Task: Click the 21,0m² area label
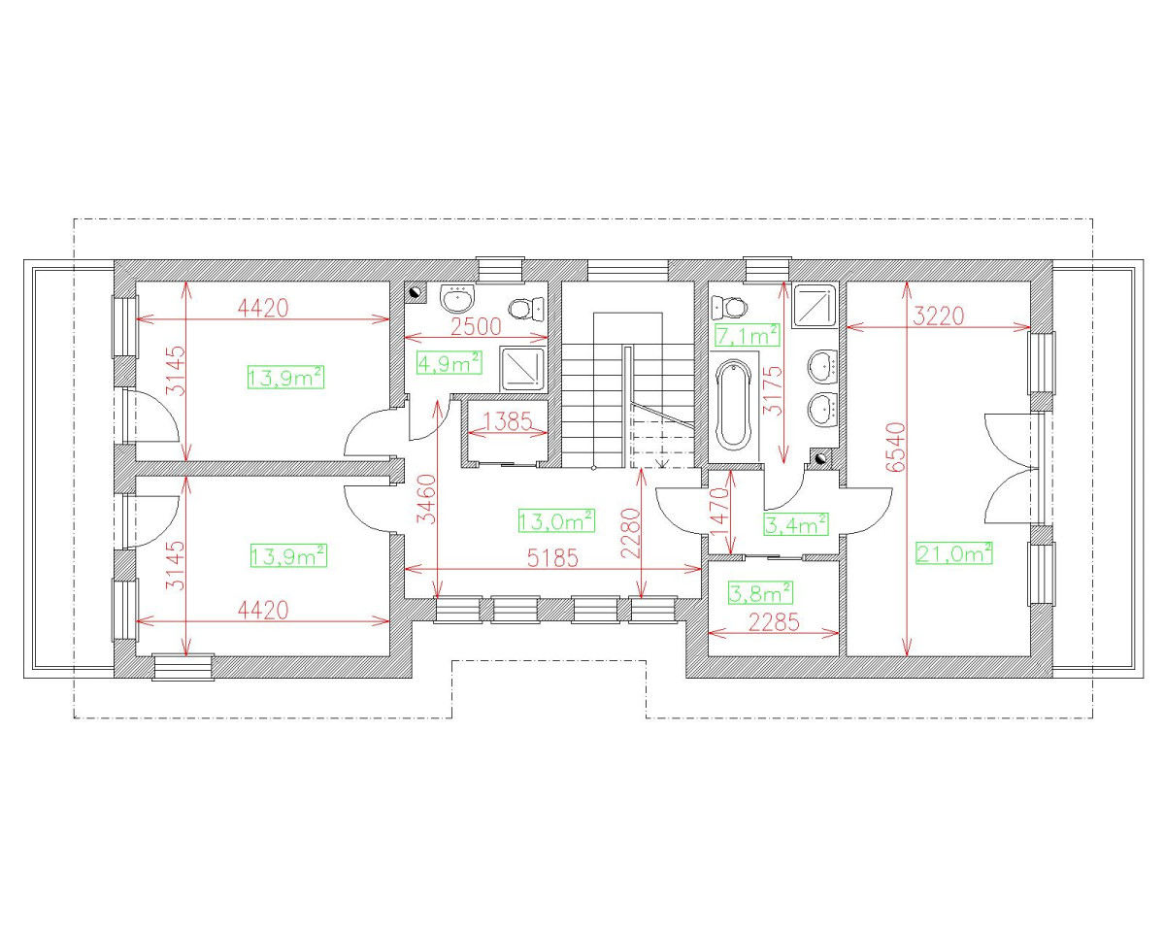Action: tap(954, 554)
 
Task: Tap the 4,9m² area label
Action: tap(449, 363)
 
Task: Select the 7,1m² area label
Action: tap(748, 335)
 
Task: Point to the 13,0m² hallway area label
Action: tap(556, 521)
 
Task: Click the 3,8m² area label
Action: tap(760, 593)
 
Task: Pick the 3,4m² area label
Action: tap(796, 523)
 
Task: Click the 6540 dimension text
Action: tap(895, 448)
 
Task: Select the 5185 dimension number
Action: tap(552, 558)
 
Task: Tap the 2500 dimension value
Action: tap(476, 326)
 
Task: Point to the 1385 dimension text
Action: tap(507, 421)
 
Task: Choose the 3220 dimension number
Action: tap(938, 316)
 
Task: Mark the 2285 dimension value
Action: tap(774, 622)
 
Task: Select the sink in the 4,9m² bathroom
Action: tap(458, 298)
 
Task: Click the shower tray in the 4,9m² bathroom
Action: tap(523, 369)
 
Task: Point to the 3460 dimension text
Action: tap(428, 499)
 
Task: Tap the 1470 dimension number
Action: tap(720, 512)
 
